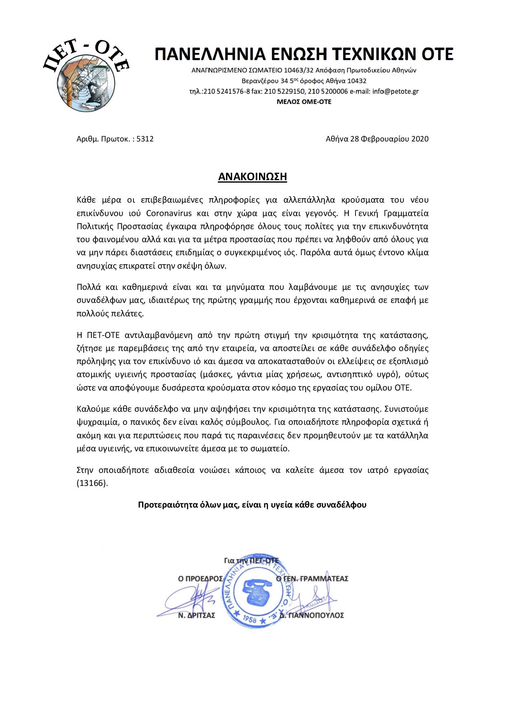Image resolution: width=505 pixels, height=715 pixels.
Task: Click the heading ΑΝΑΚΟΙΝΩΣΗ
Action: (253, 177)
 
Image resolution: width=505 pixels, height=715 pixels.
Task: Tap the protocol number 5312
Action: (145, 139)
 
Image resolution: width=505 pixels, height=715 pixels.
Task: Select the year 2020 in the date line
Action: (420, 139)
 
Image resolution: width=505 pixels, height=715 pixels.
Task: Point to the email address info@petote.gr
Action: (395, 91)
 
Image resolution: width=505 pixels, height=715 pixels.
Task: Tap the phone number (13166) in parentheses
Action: (92, 483)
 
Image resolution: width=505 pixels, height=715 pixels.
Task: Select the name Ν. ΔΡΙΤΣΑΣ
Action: (197, 615)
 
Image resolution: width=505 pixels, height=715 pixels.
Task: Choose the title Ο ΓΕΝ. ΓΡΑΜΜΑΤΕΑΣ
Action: (312, 578)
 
